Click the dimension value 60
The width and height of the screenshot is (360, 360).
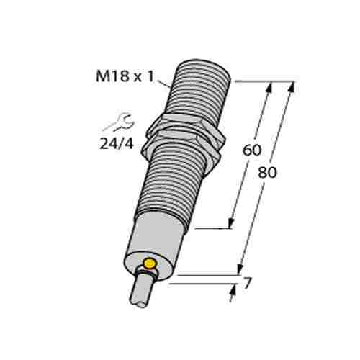click(x=251, y=151)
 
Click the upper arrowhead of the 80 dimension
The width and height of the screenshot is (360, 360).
click(x=292, y=88)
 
